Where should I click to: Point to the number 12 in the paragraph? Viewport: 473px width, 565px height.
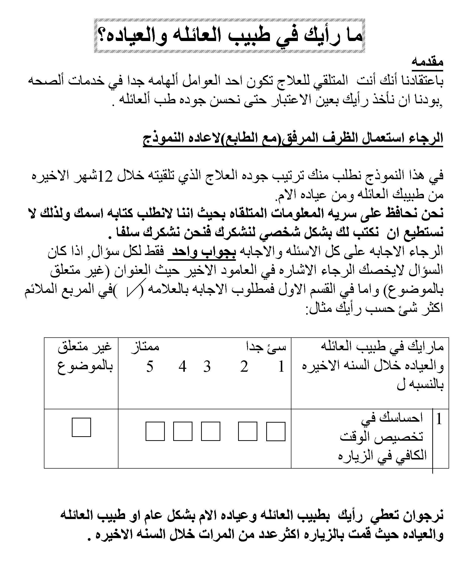coord(105,177)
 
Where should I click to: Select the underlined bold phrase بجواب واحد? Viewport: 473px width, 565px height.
coord(202,252)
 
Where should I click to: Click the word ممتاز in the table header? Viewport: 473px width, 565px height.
coord(145,347)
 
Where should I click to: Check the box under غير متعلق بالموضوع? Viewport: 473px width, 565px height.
coord(81,427)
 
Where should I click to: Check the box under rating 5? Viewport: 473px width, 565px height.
coord(155,431)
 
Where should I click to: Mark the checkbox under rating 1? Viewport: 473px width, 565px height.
coord(276,431)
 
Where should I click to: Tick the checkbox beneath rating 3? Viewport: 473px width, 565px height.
coord(210,431)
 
